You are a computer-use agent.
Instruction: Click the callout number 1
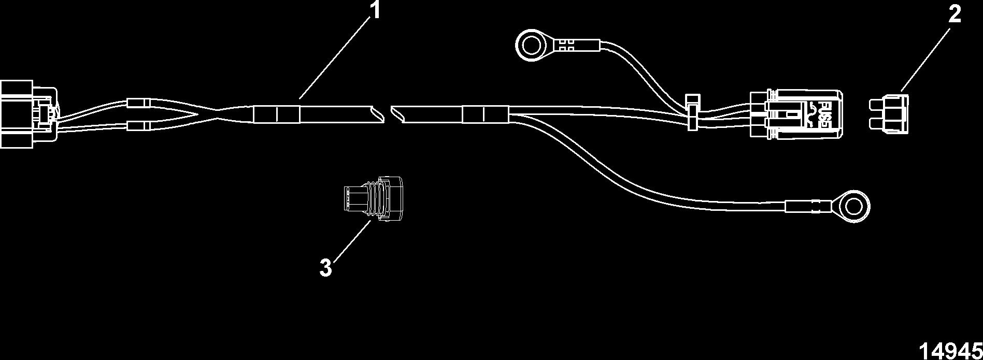pos(375,10)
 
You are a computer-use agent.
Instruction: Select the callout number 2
pos(954,15)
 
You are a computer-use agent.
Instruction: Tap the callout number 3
pos(325,268)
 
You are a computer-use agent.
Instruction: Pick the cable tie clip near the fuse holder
pos(691,111)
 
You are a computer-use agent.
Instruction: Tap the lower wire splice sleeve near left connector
pos(138,126)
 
